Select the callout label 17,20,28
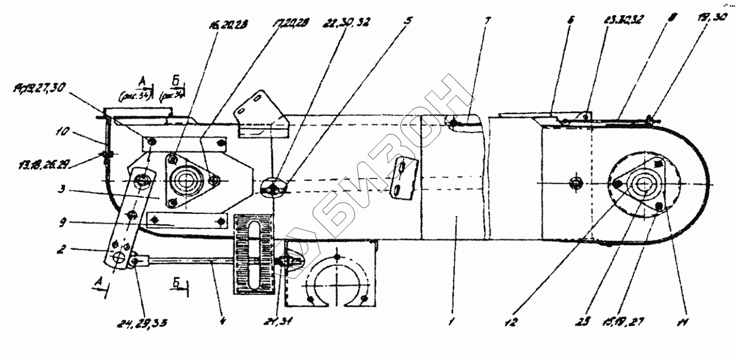tap(286, 26)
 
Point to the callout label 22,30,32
tap(348, 22)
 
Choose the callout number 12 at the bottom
tap(516, 322)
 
